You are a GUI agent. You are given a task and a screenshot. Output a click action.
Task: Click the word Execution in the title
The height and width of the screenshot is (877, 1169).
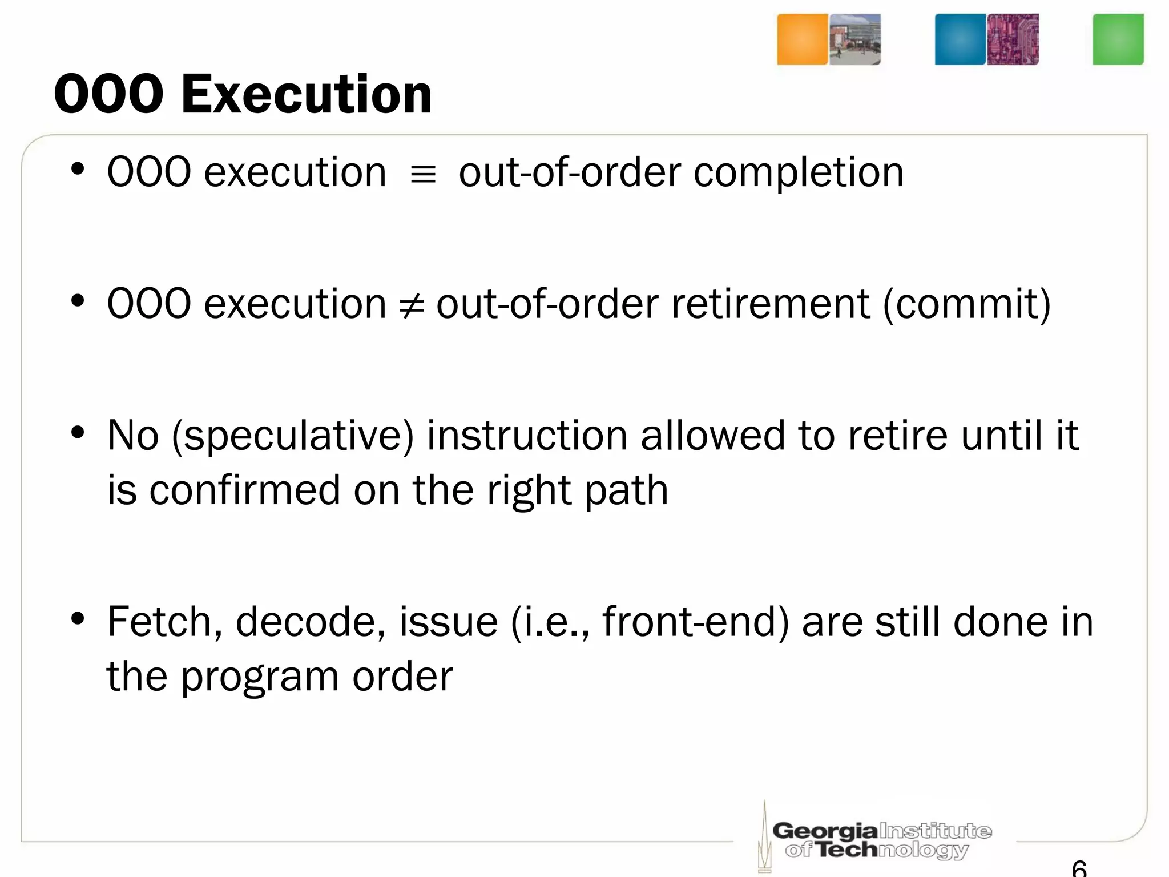pyautogui.click(x=307, y=94)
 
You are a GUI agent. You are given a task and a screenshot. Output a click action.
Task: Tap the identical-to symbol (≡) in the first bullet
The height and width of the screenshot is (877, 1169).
pyautogui.click(x=423, y=174)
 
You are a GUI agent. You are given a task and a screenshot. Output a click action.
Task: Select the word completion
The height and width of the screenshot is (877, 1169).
pyautogui.click(x=798, y=173)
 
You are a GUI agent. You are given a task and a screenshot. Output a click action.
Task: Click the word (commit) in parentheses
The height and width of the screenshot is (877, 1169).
pyautogui.click(x=967, y=305)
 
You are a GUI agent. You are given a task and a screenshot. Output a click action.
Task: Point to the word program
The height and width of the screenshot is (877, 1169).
pyautogui.click(x=260, y=678)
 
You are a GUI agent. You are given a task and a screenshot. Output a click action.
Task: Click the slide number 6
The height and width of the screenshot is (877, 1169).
pyautogui.click(x=1079, y=868)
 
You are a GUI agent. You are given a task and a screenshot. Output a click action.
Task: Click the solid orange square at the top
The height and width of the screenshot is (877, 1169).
pyautogui.click(x=802, y=39)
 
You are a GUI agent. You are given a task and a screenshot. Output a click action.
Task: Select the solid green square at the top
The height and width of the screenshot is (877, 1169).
pyautogui.click(x=1118, y=39)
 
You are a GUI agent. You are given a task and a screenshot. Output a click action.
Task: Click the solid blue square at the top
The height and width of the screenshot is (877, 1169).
pyautogui.click(x=960, y=39)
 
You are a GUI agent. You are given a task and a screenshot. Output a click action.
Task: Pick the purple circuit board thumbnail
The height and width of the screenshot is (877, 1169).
pyautogui.click(x=1013, y=39)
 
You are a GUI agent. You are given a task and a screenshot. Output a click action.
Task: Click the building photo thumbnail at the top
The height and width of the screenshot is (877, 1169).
pyautogui.click(x=854, y=39)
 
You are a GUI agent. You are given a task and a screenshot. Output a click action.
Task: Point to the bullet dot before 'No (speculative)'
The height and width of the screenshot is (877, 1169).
pyautogui.click(x=78, y=433)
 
